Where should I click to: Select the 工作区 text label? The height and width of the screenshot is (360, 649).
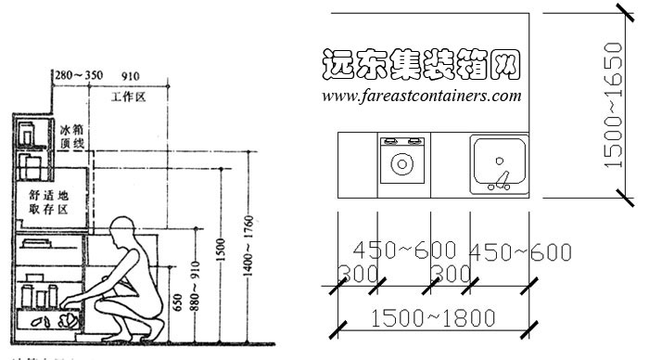129,96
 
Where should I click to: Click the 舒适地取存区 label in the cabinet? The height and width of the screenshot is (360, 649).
48,202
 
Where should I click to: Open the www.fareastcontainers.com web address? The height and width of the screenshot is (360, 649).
421,95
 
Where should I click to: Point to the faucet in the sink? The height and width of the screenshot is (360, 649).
502,177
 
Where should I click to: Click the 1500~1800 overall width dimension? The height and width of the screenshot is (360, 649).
432,317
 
